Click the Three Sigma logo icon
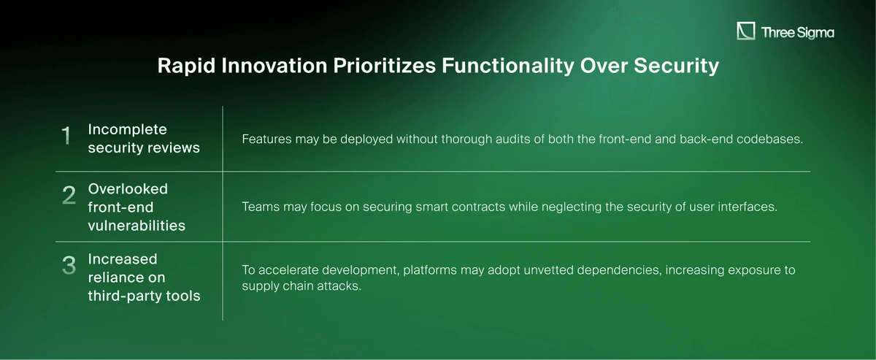(x=746, y=31)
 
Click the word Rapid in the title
(x=186, y=66)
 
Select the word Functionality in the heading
(x=508, y=66)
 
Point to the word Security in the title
(x=676, y=66)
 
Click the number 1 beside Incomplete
(x=66, y=135)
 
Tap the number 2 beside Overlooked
(x=69, y=195)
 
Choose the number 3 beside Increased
(x=69, y=265)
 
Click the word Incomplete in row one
(x=128, y=129)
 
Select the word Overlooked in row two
(x=128, y=189)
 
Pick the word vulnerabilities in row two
(x=137, y=226)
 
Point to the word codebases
(x=769, y=139)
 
